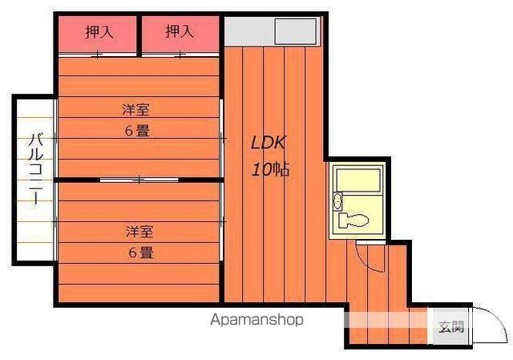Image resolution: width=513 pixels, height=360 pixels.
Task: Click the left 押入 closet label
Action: tap(99, 32)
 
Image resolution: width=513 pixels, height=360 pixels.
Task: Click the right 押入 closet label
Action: tap(180, 32)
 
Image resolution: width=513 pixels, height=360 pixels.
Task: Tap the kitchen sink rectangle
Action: tap(297, 31)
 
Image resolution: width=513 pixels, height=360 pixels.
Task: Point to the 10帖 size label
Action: tap(270, 169)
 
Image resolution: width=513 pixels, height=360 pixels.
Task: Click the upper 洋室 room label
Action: tap(137, 109)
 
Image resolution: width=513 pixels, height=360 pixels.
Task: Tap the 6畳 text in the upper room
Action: tap(136, 130)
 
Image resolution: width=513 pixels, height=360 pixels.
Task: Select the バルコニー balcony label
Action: tap(35, 169)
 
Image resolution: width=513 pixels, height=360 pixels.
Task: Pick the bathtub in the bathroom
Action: tap(358, 180)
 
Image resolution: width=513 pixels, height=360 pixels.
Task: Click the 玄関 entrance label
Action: tap(450, 326)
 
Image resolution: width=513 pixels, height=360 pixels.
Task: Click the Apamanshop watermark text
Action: tap(257, 319)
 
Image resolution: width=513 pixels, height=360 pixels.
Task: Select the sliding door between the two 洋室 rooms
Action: tap(139, 179)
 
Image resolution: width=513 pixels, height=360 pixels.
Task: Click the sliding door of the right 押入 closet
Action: tap(180, 55)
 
